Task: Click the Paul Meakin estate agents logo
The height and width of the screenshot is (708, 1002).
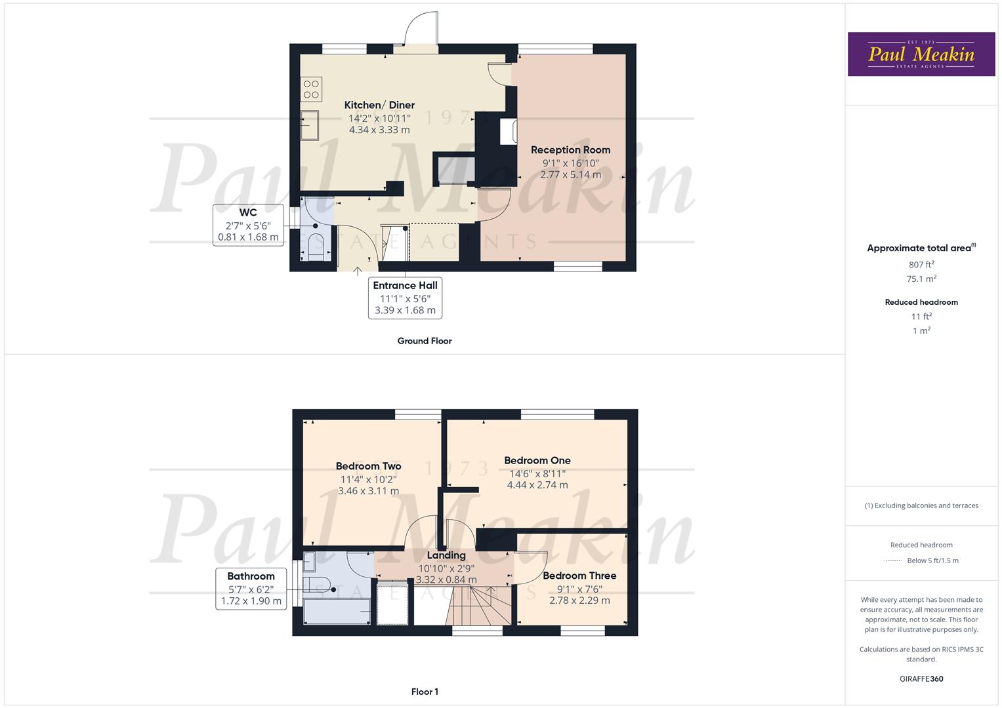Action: (x=921, y=54)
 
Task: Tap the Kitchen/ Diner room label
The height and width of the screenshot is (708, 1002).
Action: (x=379, y=105)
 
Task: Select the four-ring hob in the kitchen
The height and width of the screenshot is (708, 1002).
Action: (x=311, y=89)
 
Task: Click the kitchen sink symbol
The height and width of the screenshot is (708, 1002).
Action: (x=309, y=126)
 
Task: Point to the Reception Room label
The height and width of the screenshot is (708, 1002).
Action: (x=570, y=149)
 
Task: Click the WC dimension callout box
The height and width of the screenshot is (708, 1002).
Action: (x=248, y=225)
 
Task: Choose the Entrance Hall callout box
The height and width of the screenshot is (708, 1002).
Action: (x=405, y=298)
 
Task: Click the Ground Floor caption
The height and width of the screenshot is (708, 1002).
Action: (x=425, y=341)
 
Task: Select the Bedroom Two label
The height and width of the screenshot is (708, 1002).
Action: (x=369, y=466)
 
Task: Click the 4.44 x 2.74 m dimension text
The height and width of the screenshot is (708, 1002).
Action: (x=537, y=485)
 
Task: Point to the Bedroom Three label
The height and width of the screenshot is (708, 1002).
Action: (x=579, y=576)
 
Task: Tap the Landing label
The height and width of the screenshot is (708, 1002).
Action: (x=446, y=556)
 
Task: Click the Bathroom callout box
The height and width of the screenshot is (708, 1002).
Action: (x=251, y=589)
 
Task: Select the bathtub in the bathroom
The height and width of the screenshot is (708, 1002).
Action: (x=337, y=611)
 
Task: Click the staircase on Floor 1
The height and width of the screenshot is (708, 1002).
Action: (x=478, y=606)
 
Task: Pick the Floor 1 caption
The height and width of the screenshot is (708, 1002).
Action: (x=425, y=692)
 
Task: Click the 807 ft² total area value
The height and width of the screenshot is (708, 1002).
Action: (x=921, y=265)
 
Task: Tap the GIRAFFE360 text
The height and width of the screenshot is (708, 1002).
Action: (x=921, y=678)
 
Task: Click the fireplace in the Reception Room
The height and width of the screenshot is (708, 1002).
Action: (x=508, y=131)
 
